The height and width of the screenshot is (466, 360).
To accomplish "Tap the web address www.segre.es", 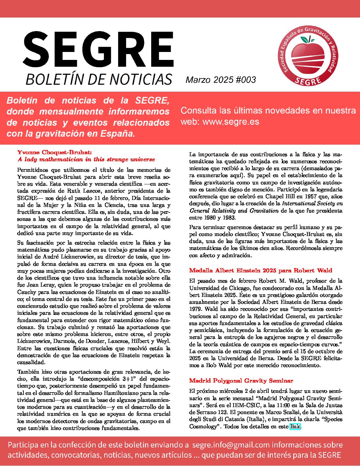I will click(x=231, y=121).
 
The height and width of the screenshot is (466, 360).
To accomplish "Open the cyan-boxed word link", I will click(x=295, y=426).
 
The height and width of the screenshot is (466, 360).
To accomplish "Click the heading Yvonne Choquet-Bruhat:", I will click(x=54, y=152).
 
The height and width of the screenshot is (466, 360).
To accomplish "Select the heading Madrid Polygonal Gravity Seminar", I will click(x=241, y=381).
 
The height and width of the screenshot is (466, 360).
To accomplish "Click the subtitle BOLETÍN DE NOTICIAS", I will click(x=98, y=79).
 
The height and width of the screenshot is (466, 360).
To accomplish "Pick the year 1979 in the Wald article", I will click(x=195, y=309).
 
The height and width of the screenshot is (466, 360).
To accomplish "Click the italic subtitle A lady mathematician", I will click(x=86, y=160).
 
